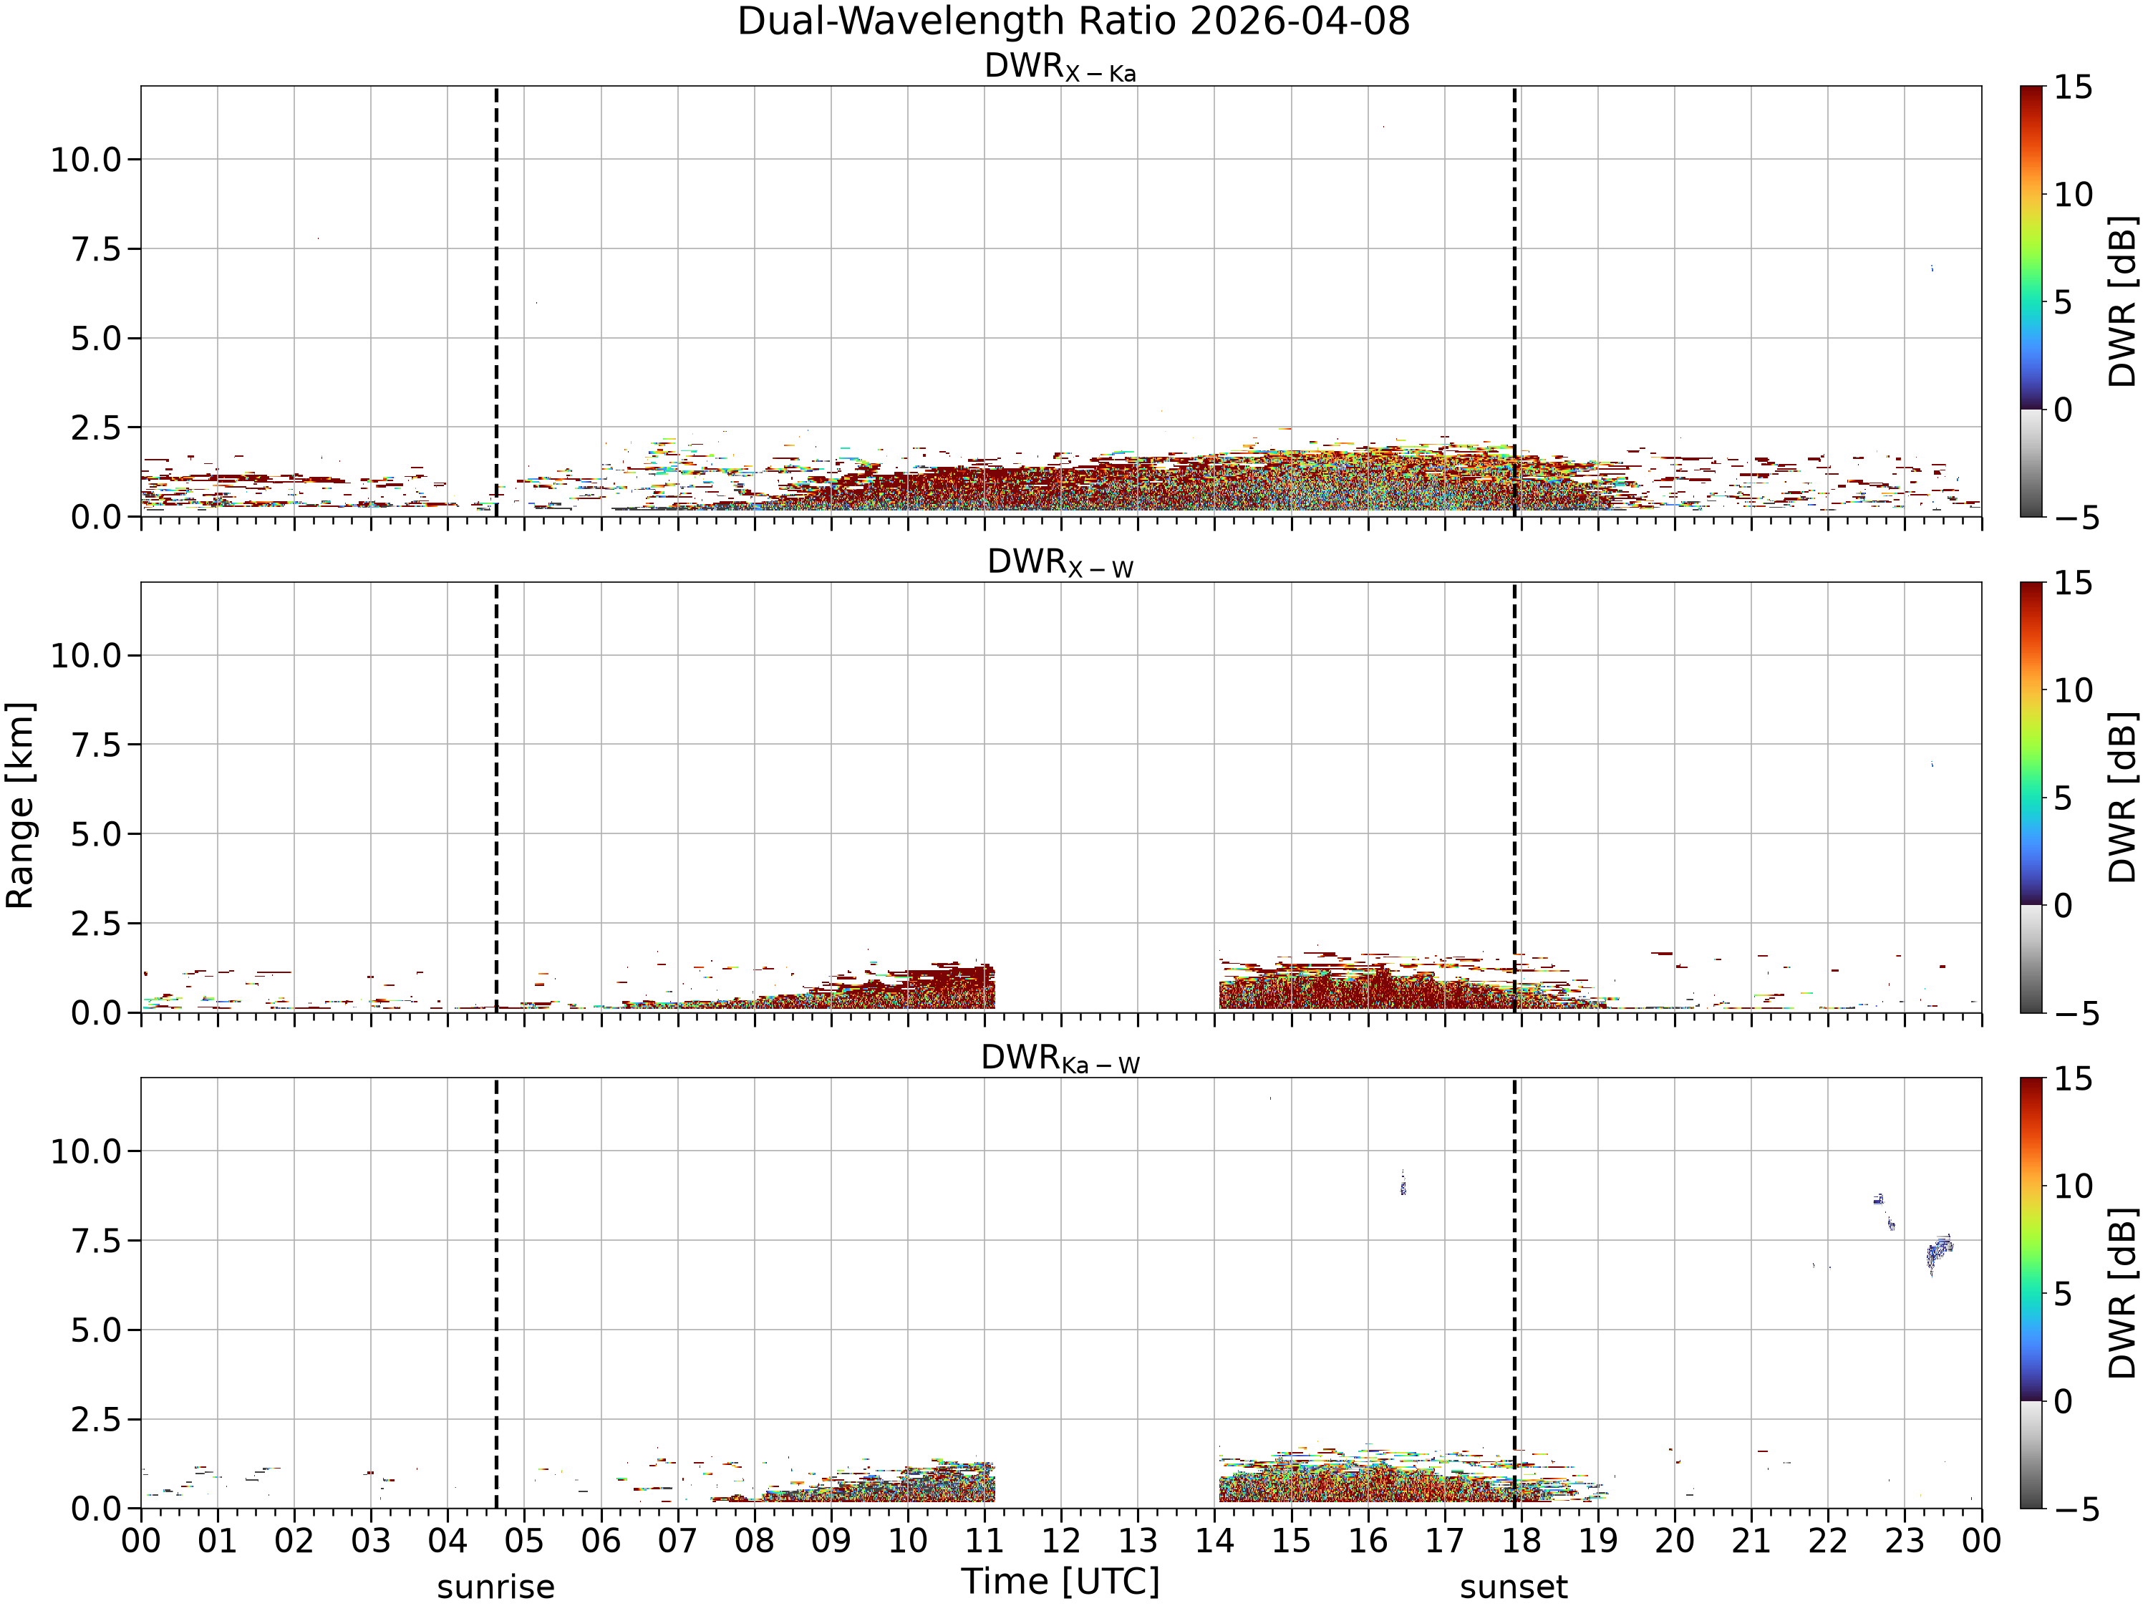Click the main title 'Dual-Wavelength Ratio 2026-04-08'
(x=1073, y=21)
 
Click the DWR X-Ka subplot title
(x=1060, y=67)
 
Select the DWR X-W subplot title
(x=1060, y=563)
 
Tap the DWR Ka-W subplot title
(x=1060, y=1058)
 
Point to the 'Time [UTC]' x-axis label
(x=1060, y=1582)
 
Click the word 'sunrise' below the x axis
(x=495, y=1587)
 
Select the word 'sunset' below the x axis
(x=1514, y=1587)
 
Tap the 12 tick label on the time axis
(x=1060, y=1541)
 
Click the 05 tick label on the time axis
(x=524, y=1541)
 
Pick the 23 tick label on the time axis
(x=1905, y=1541)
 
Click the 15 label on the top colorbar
(x=2072, y=87)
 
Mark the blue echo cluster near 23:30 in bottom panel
(x=1938, y=1254)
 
